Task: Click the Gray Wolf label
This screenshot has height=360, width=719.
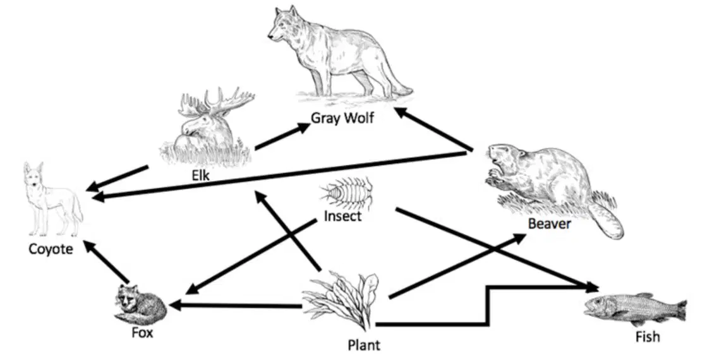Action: [x=342, y=118]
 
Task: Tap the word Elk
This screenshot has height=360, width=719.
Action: [x=200, y=176]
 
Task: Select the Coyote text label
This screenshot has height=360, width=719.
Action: [x=51, y=249]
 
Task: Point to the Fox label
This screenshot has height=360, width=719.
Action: [x=142, y=332]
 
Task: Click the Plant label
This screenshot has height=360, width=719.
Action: [x=364, y=345]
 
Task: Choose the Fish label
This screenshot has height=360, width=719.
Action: [x=648, y=337]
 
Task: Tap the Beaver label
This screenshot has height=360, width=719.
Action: [x=549, y=224]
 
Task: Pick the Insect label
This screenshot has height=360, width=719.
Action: [x=342, y=216]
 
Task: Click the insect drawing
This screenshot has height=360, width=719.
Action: [x=347, y=194]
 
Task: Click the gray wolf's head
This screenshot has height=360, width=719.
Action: [x=282, y=25]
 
